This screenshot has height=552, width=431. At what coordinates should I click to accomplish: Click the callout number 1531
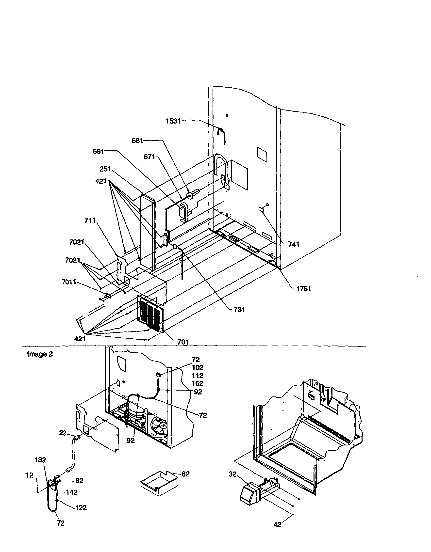[x=173, y=121]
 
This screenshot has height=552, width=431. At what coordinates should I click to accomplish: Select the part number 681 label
[x=137, y=141]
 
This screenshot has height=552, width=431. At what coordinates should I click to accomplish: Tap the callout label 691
[x=99, y=151]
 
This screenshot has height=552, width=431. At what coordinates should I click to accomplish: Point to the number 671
[x=149, y=157]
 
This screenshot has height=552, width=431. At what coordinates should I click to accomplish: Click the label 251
[x=105, y=169]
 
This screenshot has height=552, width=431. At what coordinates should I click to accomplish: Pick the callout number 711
[x=90, y=221]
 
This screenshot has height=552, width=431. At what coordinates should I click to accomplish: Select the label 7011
[x=69, y=282]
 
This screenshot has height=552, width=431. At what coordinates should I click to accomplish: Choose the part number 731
[x=239, y=309]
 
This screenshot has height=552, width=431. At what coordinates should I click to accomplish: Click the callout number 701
[x=182, y=342]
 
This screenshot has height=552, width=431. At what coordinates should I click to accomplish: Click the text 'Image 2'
[x=40, y=354]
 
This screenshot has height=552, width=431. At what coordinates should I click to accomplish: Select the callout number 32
[x=232, y=474]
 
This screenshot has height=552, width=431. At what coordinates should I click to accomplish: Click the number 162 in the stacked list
[x=197, y=384]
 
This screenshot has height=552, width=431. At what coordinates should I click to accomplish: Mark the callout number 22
[x=63, y=433]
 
